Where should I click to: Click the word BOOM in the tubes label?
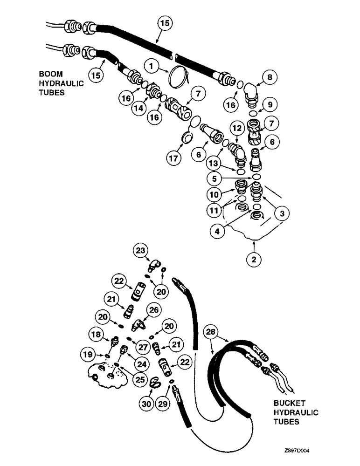(x=52, y=74)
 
